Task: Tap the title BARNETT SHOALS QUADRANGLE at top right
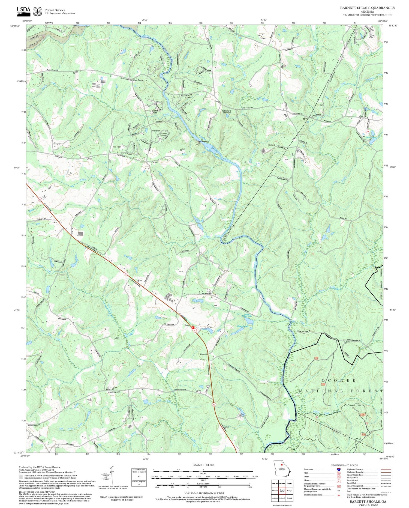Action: (x=367, y=8)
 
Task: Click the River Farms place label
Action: (x=138, y=80)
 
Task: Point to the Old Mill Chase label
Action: (x=155, y=112)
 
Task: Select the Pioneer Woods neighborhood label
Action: (x=163, y=135)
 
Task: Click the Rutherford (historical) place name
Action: (x=226, y=112)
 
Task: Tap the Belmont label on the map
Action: (x=272, y=145)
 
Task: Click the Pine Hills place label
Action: (x=116, y=147)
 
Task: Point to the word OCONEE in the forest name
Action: (x=339, y=380)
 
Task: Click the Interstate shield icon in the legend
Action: (x=339, y=469)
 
